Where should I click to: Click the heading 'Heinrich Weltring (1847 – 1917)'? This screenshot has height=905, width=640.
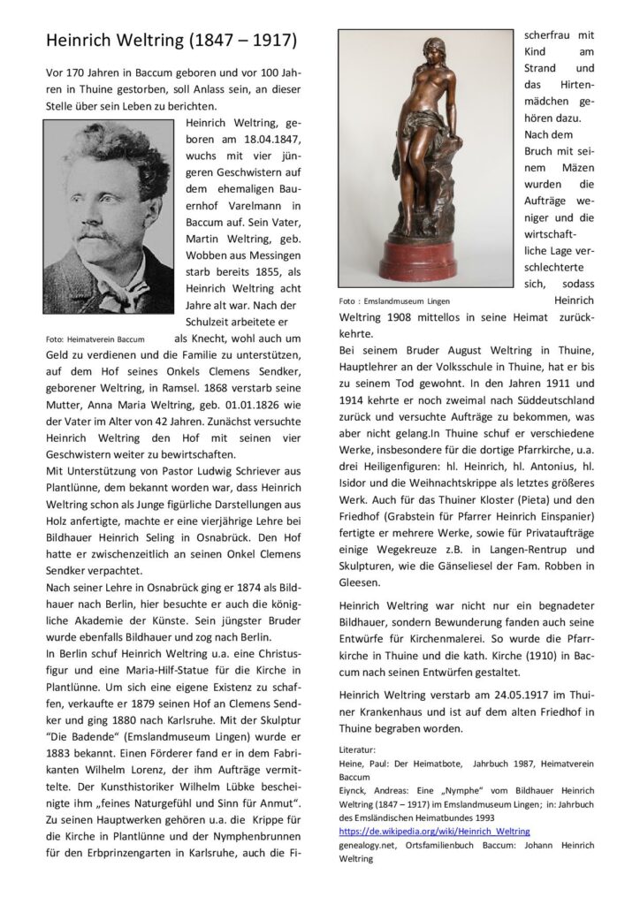pyautogui.click(x=172, y=42)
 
